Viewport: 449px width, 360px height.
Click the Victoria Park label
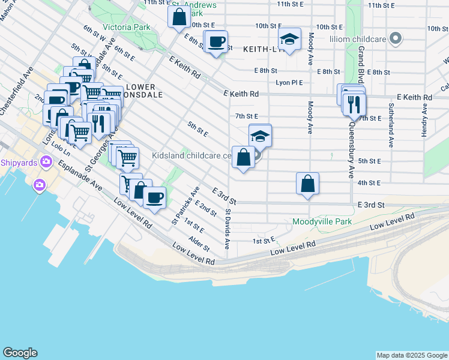(x=126, y=28)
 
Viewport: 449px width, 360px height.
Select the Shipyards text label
(x=19, y=163)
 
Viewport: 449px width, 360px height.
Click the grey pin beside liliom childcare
(x=395, y=40)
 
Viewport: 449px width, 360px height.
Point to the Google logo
(x=19, y=353)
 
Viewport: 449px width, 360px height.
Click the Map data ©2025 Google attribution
(x=411, y=355)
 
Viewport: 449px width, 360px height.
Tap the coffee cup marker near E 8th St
(x=216, y=42)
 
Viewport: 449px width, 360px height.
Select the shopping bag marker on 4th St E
(x=307, y=184)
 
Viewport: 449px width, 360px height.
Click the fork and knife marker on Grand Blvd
(x=355, y=103)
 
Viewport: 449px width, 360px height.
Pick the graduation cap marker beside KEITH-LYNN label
(x=290, y=40)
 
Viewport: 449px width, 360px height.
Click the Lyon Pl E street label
(x=289, y=83)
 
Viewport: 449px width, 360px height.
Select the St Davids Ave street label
(x=228, y=229)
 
